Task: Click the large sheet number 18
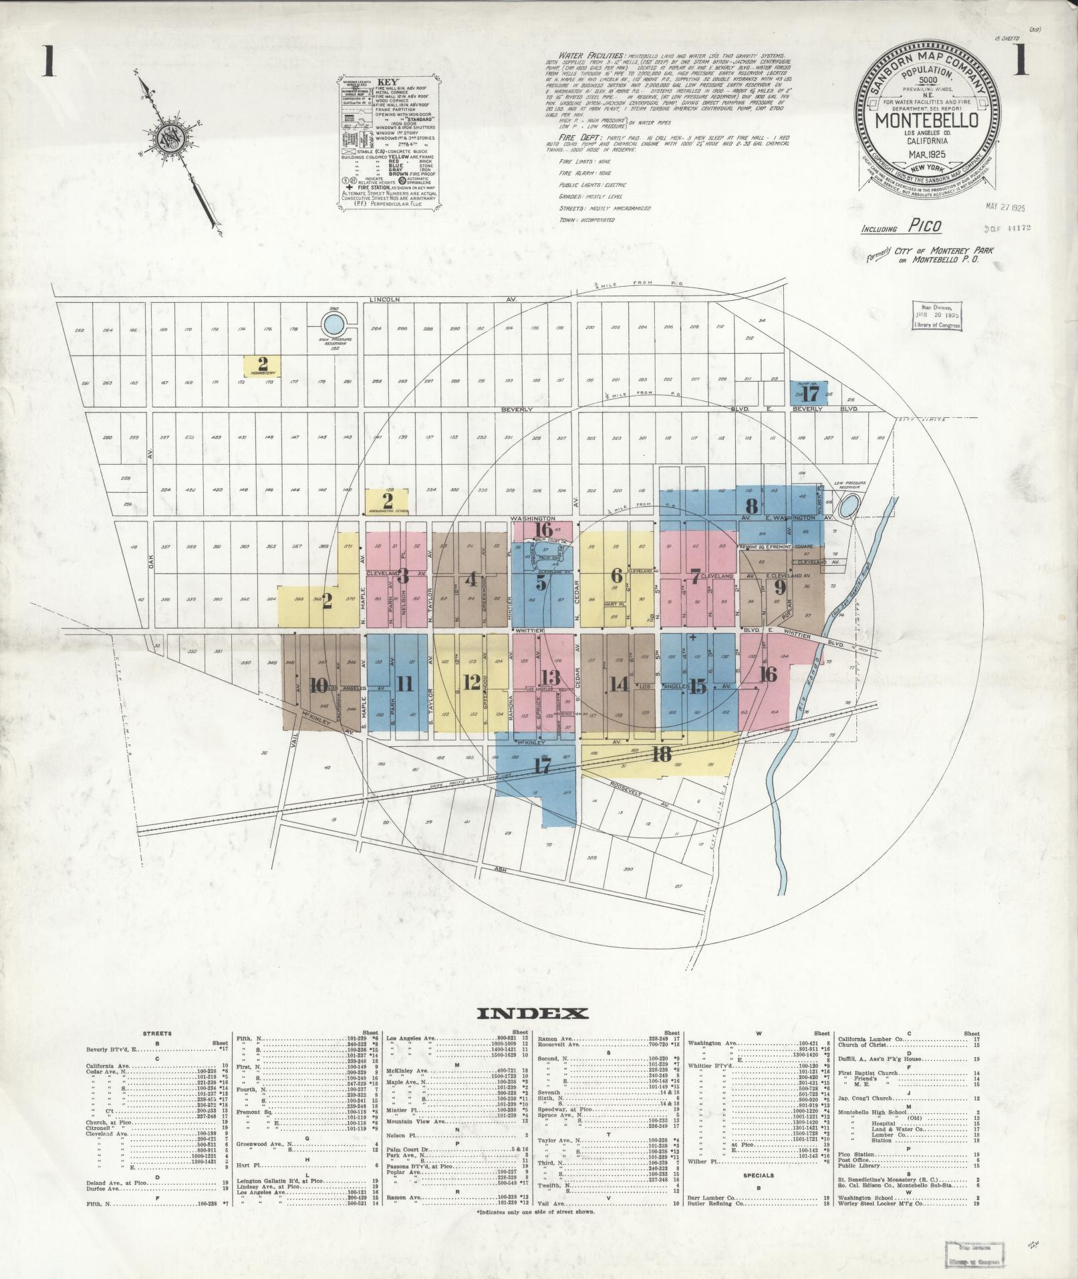(661, 754)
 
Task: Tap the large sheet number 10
(319, 685)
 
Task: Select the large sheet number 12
(471, 683)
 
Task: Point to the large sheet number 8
(751, 505)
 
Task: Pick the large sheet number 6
(616, 575)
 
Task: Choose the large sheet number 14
(619, 684)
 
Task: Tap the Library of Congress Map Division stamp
(936, 316)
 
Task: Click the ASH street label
(499, 868)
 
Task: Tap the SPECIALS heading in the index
(758, 1175)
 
